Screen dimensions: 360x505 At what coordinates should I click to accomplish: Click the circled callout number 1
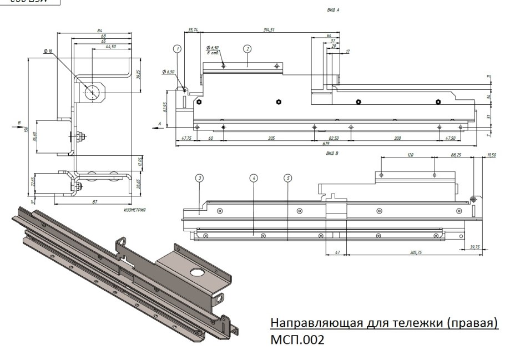point(178,49)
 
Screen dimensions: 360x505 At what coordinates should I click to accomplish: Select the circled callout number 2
point(247,49)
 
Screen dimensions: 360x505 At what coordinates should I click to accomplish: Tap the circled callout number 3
point(199,178)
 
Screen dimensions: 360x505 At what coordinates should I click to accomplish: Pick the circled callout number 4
point(254,178)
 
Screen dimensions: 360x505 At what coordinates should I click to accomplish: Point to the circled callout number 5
point(287,178)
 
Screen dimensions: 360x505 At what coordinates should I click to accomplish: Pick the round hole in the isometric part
point(197,272)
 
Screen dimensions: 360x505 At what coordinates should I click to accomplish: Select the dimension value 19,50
point(491,156)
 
